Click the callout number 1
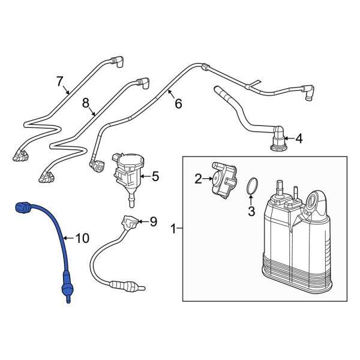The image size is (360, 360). pyautogui.click(x=173, y=228)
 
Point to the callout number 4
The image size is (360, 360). pyautogui.click(x=299, y=139)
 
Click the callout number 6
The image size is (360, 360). pyautogui.click(x=178, y=103)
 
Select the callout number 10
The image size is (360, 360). pyautogui.click(x=82, y=238)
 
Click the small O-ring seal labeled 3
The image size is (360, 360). pyautogui.click(x=252, y=187)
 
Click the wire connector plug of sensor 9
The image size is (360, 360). pyautogui.click(x=128, y=223)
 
